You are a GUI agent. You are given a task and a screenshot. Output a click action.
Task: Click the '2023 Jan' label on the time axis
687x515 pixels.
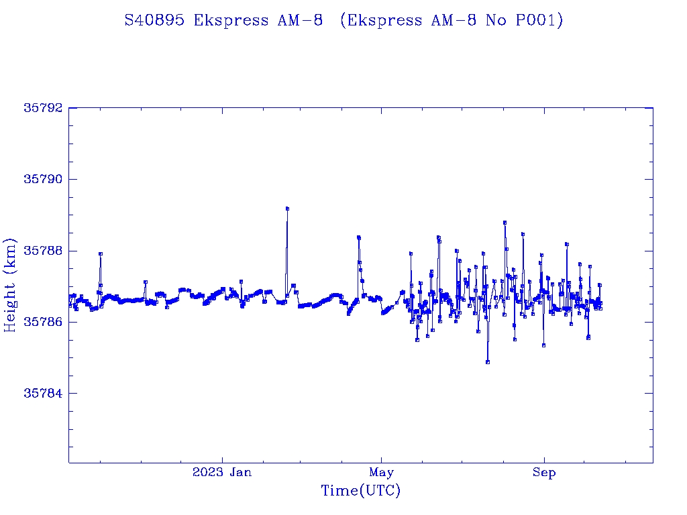click(222, 472)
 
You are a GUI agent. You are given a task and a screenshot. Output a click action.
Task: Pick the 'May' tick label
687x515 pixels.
click(381, 472)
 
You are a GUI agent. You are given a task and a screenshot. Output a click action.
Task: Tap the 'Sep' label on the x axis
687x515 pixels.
click(544, 472)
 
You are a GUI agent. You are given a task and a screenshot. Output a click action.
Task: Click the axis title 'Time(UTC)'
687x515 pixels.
click(360, 491)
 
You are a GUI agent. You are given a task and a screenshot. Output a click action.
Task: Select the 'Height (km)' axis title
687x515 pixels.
click(10, 285)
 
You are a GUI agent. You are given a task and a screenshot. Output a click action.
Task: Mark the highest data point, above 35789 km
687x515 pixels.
click(287, 209)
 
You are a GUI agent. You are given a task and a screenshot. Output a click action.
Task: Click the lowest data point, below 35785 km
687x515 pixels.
click(487, 362)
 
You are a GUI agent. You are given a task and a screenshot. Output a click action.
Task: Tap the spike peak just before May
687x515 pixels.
click(359, 237)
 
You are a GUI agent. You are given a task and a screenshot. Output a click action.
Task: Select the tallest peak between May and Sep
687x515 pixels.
click(505, 222)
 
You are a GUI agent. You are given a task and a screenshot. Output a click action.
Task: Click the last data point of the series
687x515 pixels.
click(600, 308)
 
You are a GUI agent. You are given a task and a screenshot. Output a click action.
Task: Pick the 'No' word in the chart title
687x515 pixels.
click(497, 20)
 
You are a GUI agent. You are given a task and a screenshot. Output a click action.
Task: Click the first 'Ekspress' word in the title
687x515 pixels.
click(231, 20)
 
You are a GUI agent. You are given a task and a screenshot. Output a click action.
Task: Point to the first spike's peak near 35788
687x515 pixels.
click(100, 253)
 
